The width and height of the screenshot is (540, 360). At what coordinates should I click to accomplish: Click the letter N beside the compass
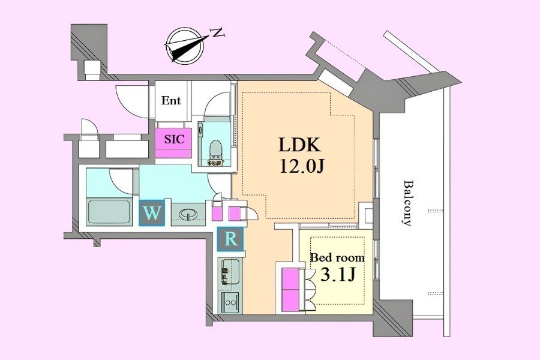pos(218,33)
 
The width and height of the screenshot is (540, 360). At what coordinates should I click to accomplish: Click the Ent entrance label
pos(171,101)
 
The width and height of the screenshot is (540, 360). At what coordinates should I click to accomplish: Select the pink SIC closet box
pos(173,143)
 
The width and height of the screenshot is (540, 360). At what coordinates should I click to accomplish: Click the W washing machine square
pos(152,213)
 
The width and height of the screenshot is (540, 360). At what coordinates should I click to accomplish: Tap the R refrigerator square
pos(230,238)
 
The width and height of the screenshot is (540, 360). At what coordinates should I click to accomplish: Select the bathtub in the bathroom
pos(109,212)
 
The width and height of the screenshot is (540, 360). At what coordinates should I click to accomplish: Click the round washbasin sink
pos(188,215)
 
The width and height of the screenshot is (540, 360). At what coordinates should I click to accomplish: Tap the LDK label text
pos(299,145)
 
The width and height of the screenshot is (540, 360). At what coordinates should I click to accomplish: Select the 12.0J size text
pos(302,167)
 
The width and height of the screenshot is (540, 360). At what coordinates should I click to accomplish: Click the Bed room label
pos(337,257)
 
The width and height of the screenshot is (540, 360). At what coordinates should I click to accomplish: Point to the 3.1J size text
pos(337,275)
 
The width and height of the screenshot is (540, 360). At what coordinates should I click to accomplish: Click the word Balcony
pos(408,203)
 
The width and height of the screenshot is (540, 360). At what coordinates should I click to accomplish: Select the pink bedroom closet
pos(290,289)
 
